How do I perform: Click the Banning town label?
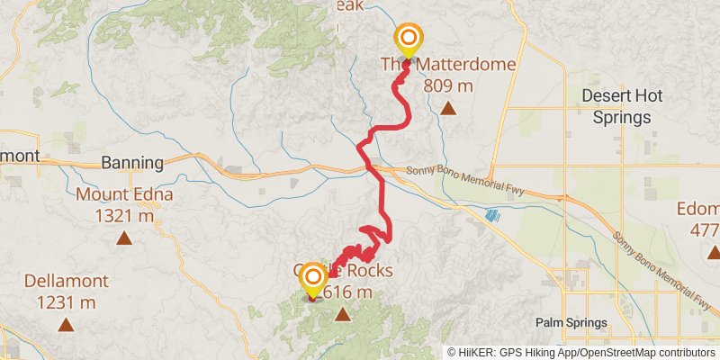132,163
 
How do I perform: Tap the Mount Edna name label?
124,195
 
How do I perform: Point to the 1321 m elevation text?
124,215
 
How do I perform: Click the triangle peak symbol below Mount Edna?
124,238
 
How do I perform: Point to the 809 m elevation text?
447,85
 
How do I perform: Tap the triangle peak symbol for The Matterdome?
447,109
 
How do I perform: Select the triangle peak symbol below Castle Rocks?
342,314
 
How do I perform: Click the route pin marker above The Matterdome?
409,39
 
